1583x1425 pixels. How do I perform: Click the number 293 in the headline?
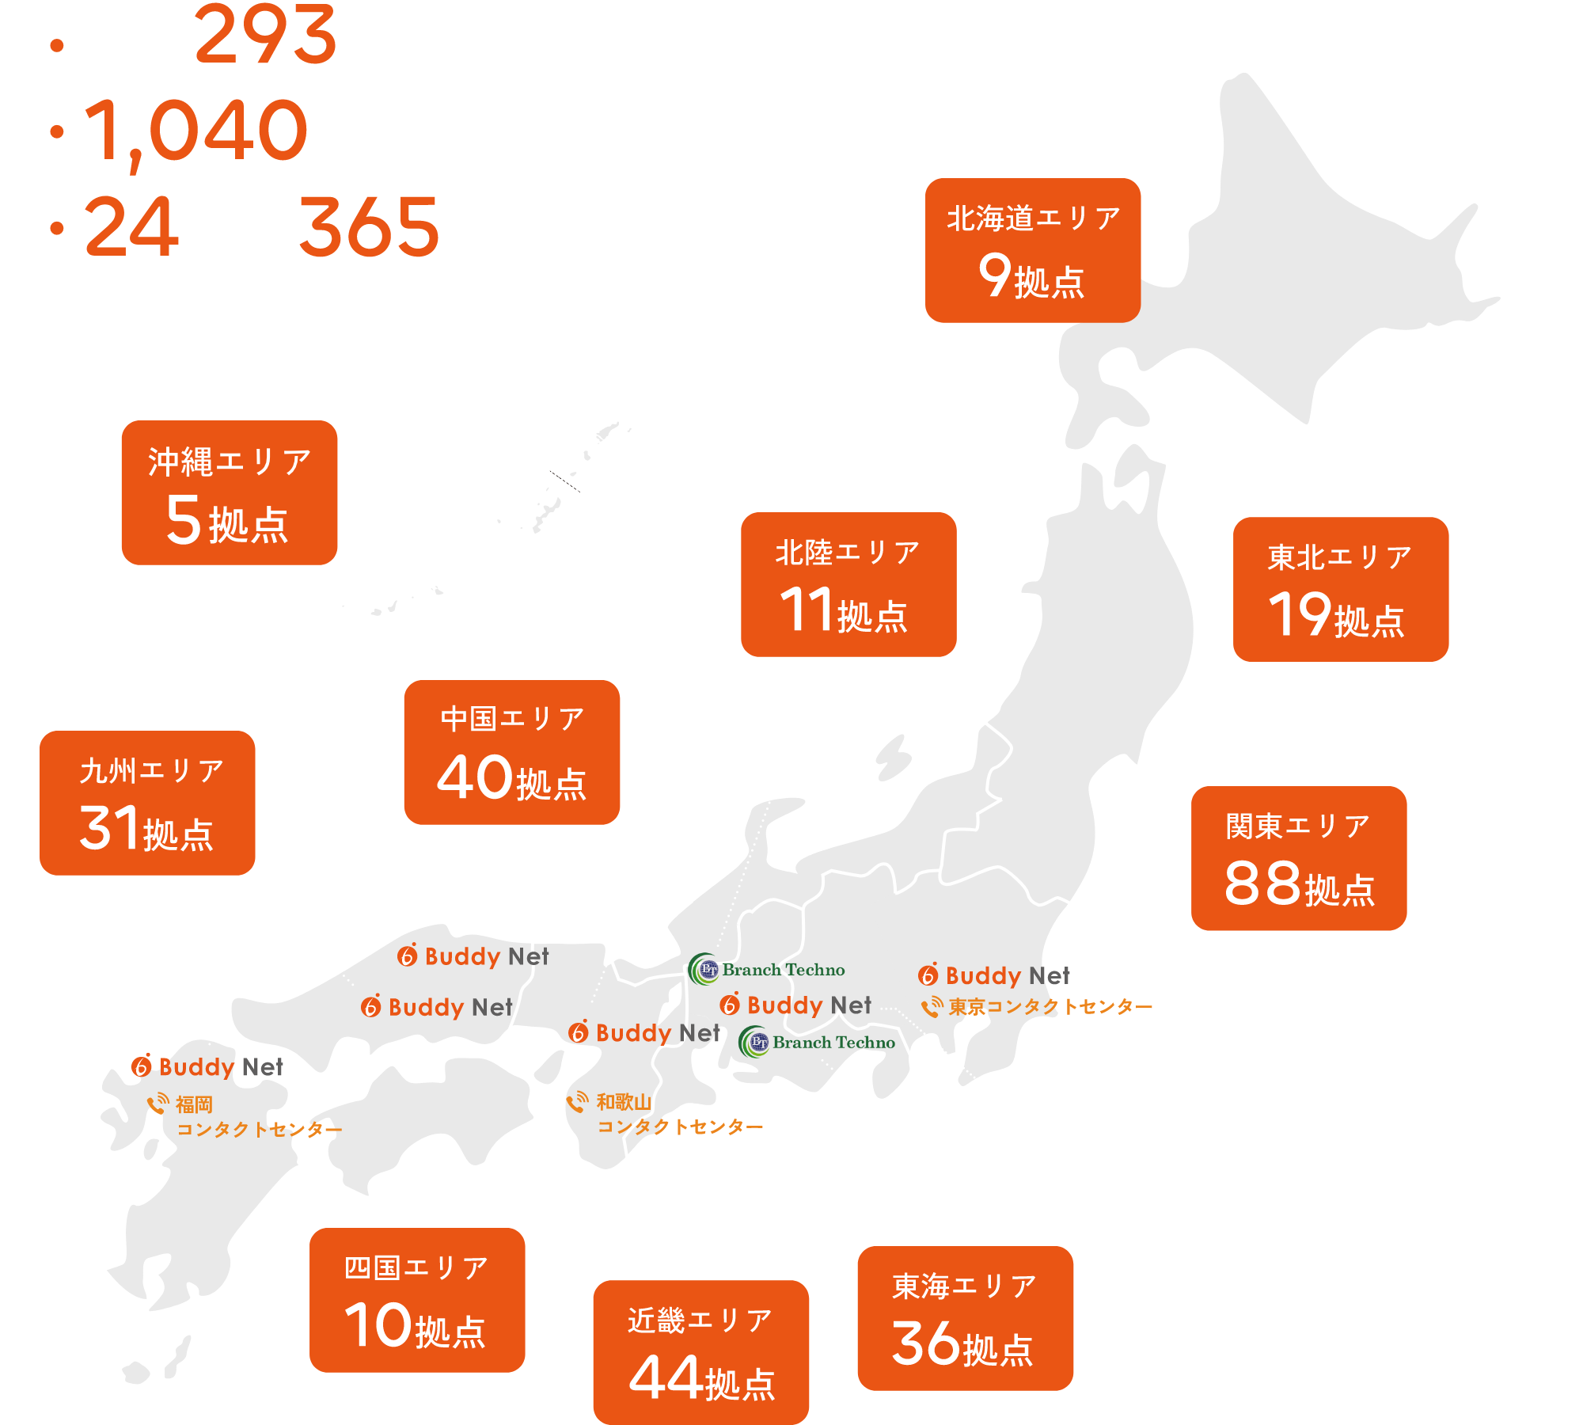[265, 36]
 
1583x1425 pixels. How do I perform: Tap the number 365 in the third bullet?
[368, 227]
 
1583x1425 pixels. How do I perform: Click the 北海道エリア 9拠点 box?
[1032, 250]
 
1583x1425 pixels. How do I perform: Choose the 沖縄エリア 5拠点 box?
[229, 492]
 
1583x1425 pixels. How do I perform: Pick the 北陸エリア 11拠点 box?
[848, 584]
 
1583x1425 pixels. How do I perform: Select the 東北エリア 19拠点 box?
[1340, 589]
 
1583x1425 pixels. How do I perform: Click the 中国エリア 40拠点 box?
[511, 752]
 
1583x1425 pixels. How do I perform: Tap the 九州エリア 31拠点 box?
[147, 803]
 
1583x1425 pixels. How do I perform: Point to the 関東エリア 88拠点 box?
[1298, 858]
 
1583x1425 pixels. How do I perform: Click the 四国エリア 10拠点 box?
[417, 1300]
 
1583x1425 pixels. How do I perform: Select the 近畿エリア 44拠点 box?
[700, 1352]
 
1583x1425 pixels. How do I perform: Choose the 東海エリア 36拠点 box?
[965, 1318]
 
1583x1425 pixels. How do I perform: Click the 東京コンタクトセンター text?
[1050, 1007]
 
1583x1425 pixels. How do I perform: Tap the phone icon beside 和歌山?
[578, 1101]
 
